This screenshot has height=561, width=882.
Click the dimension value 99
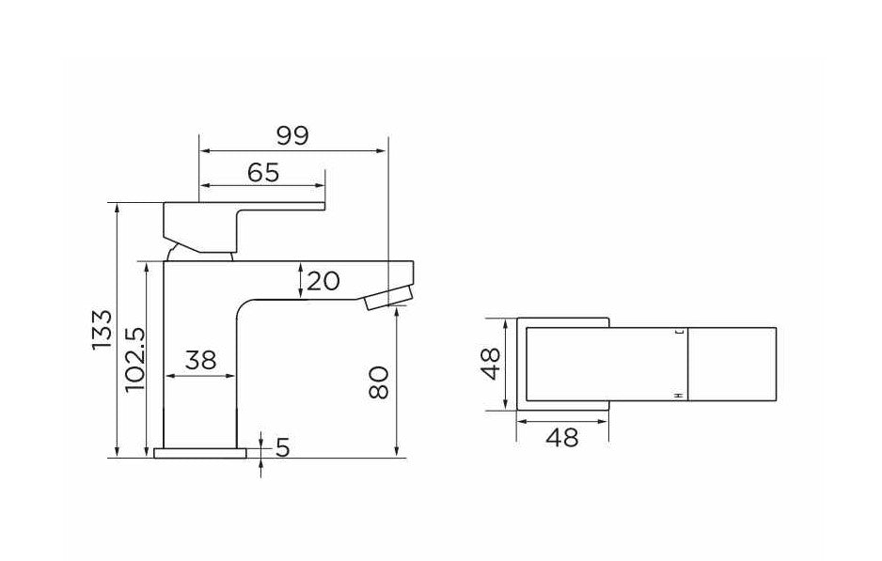[292, 136]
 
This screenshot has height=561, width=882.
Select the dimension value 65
[263, 173]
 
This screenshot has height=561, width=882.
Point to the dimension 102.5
[133, 360]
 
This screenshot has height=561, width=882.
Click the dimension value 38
[201, 360]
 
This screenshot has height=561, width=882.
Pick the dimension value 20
[322, 281]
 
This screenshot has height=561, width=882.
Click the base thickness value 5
[282, 449]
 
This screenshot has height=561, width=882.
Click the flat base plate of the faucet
[199, 454]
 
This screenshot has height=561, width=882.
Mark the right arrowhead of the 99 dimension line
[384, 149]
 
